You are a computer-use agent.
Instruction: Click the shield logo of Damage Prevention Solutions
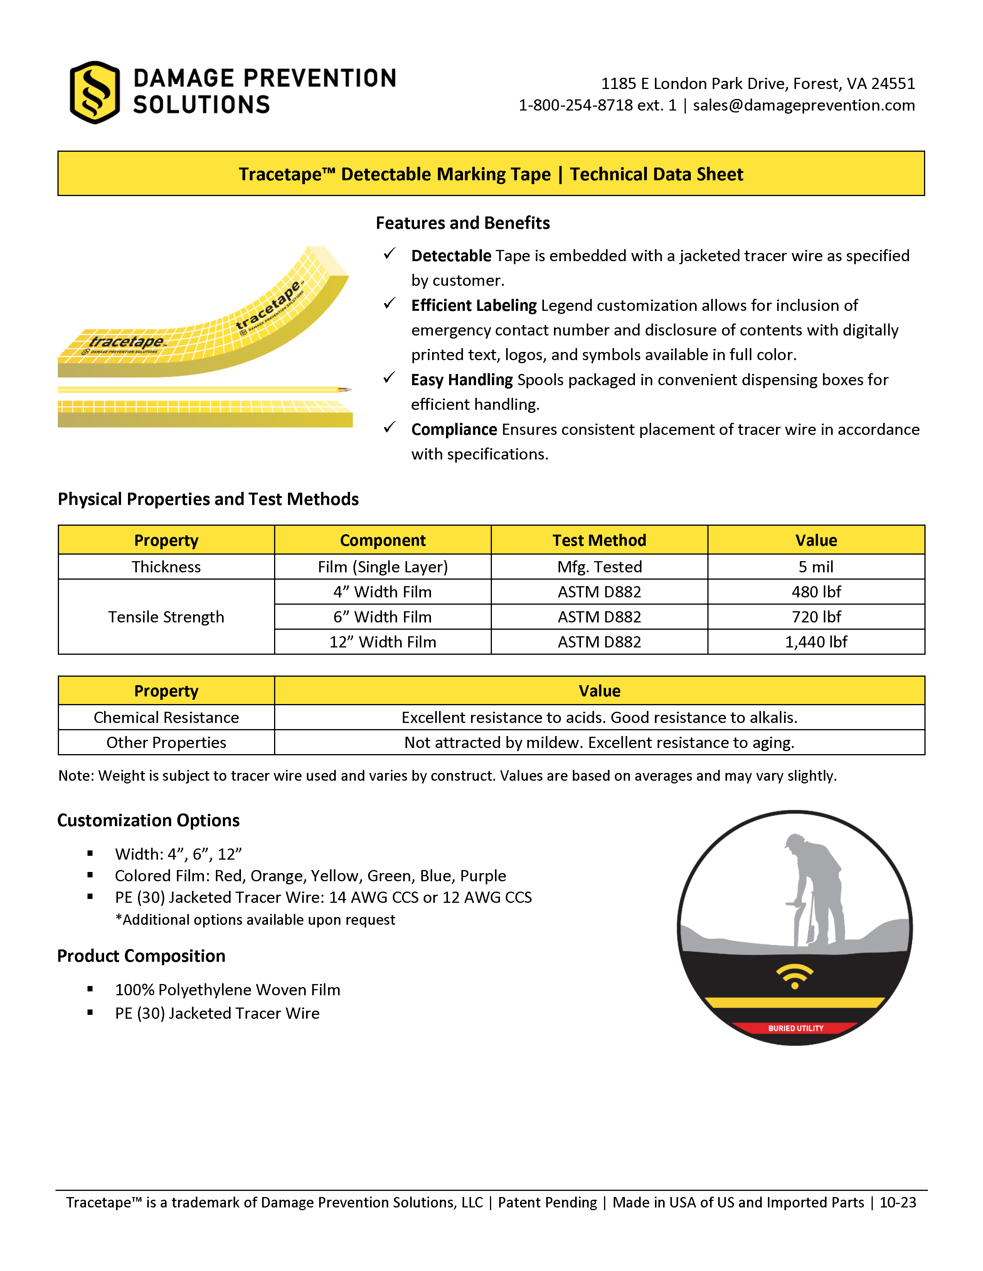(x=94, y=92)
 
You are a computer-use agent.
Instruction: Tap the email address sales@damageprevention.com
(x=804, y=105)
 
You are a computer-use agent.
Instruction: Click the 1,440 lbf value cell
(x=815, y=642)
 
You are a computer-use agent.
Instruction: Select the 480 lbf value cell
(x=815, y=592)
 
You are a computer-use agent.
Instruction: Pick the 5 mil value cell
(x=815, y=567)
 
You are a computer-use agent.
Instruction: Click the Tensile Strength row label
(x=166, y=617)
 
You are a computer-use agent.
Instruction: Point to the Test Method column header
(x=599, y=540)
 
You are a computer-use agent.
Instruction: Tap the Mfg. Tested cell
(x=599, y=567)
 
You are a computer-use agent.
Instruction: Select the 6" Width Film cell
(x=383, y=617)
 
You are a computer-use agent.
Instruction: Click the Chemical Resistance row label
(x=166, y=718)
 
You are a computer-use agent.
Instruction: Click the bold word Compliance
(x=454, y=429)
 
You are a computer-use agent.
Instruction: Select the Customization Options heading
(x=148, y=820)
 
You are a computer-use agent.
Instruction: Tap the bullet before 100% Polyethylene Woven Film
(x=90, y=989)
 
